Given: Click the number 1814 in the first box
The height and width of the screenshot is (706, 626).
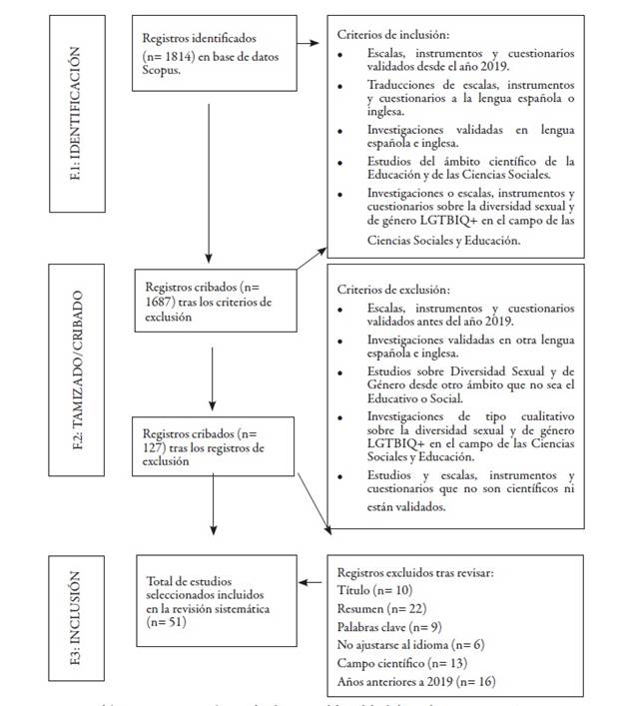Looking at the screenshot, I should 176,54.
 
